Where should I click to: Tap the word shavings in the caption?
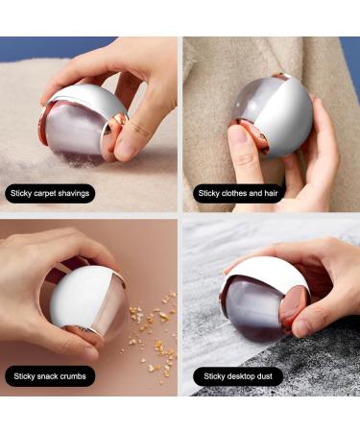click(x=73, y=193)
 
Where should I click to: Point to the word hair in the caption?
click(x=271, y=193)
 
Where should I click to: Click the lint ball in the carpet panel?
click(x=83, y=121)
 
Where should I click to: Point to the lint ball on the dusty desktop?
click(x=264, y=299)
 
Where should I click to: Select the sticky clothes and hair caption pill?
click(x=239, y=193)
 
